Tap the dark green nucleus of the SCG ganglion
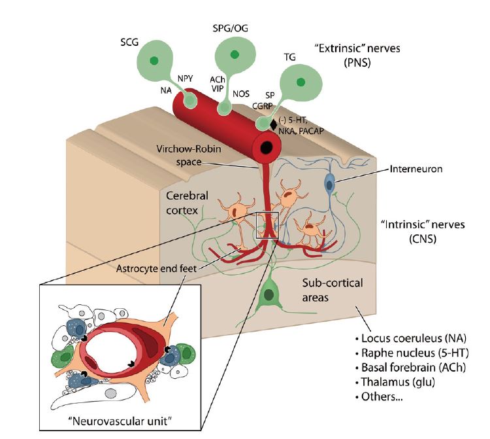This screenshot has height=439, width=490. [154, 61]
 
